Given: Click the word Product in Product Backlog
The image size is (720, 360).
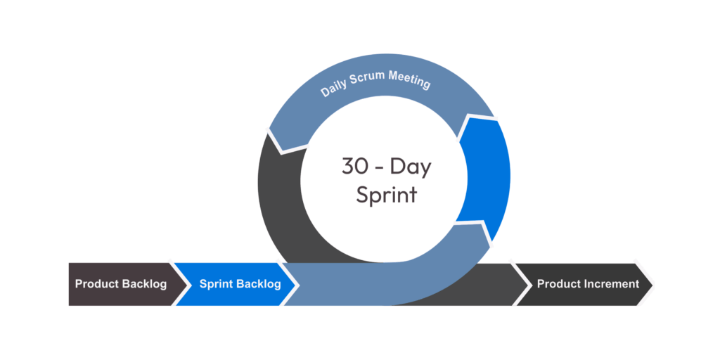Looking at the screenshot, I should pos(96,285).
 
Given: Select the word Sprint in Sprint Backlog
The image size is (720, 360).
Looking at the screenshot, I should pos(215,285).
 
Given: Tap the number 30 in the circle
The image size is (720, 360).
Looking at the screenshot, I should pos(353,167).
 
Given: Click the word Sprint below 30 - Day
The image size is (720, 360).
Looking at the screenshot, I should pos(386,195).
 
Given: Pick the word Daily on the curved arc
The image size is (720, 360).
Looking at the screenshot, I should pos(334,91).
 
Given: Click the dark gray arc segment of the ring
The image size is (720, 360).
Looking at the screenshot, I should pos(278,197).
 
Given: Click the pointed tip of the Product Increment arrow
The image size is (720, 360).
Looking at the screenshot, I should pos(653,284).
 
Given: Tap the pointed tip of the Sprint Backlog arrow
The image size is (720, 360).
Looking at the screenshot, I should pos(299,285).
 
